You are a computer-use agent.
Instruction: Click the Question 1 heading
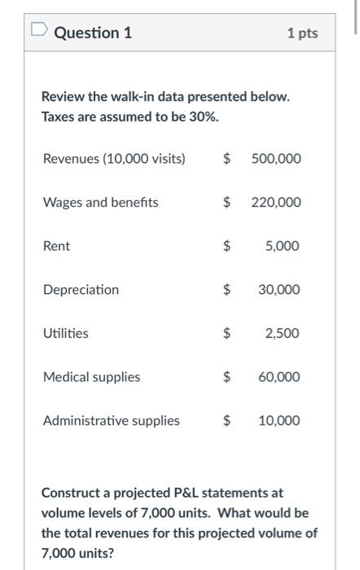pyautogui.click(x=93, y=33)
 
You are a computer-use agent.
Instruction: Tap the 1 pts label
pyautogui.click(x=302, y=33)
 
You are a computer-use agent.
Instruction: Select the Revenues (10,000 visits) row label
pyautogui.click(x=114, y=158)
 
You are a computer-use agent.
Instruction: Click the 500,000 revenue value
pyautogui.click(x=275, y=158)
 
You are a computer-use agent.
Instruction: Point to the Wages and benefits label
pyautogui.click(x=100, y=202)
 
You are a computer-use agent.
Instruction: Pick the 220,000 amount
pyautogui.click(x=275, y=202)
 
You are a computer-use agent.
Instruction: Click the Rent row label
pyautogui.click(x=56, y=246)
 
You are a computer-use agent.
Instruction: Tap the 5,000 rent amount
pyautogui.click(x=282, y=246)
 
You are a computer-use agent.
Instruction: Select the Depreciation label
pyautogui.click(x=81, y=290)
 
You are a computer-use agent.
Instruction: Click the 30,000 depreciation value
pyautogui.click(x=279, y=290)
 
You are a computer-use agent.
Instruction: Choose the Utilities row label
pyautogui.click(x=66, y=333)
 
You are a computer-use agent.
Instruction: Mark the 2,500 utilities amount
pyautogui.click(x=282, y=333)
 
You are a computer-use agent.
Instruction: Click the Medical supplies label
pyautogui.click(x=91, y=377)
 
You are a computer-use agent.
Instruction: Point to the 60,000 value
pyautogui.click(x=279, y=377)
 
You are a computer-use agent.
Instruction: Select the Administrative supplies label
pyautogui.click(x=111, y=421)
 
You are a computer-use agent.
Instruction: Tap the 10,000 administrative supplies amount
pyautogui.click(x=279, y=421)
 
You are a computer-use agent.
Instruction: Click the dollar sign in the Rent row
pyautogui.click(x=228, y=246)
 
